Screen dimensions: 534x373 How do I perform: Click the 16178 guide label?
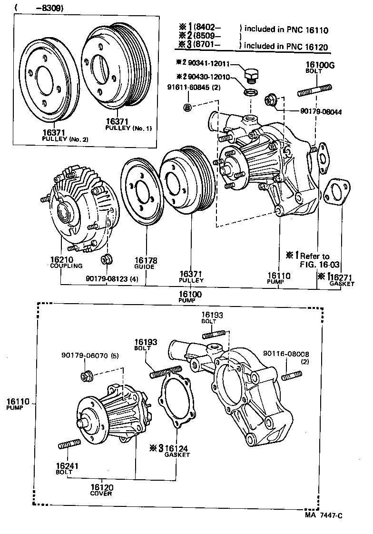(145, 263)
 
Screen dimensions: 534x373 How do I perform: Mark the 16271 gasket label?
(343, 279)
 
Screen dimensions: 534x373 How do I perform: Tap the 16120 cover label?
(101, 491)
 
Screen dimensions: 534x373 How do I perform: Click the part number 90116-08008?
(286, 354)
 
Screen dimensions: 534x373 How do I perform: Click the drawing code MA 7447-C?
(324, 515)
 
